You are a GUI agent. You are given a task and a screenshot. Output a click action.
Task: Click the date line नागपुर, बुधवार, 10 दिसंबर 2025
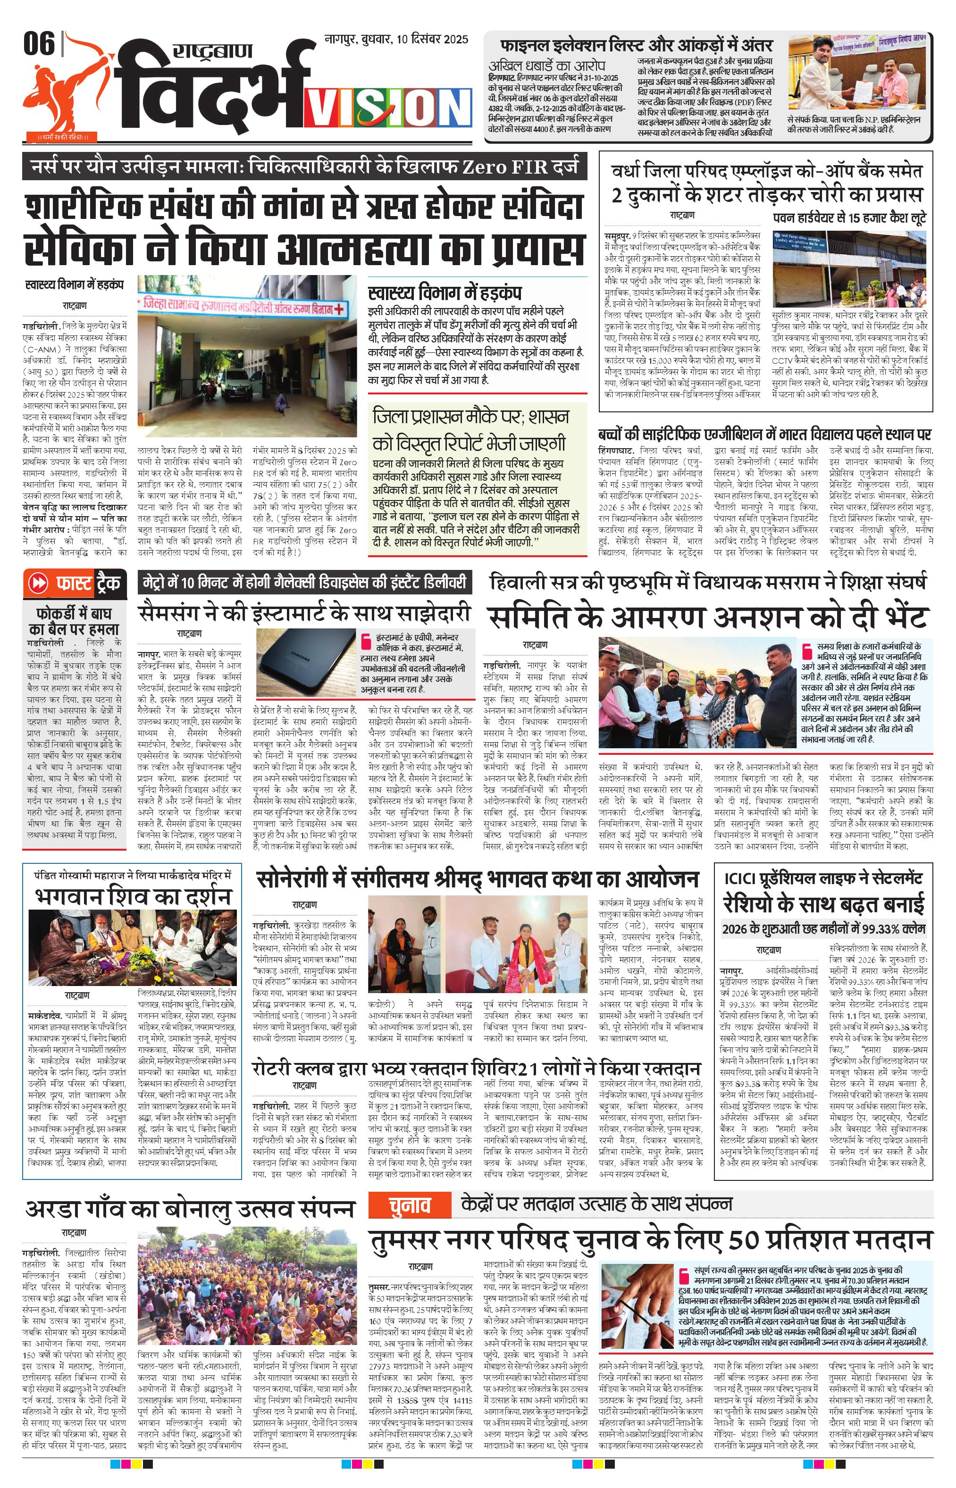(396, 39)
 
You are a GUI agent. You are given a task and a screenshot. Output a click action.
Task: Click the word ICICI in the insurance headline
(747, 878)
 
